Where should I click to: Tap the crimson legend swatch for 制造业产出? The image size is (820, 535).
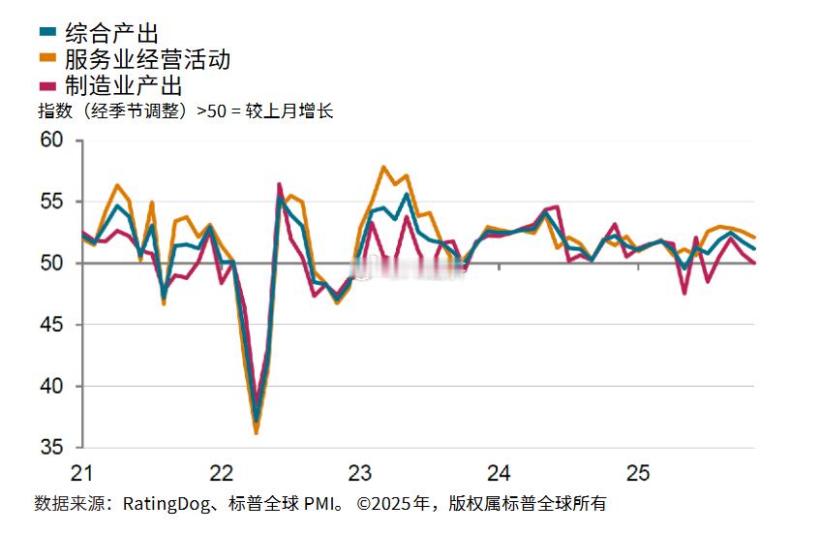49,85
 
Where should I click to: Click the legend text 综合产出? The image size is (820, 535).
111,36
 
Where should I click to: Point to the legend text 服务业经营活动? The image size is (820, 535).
147,60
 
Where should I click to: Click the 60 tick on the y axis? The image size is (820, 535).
51,141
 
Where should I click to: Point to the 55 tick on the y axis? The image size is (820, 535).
51,202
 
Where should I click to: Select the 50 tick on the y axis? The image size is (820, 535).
51,263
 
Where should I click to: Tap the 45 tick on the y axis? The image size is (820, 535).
51,325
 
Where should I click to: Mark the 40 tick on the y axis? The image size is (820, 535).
51,387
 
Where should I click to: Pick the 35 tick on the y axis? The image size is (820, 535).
51,448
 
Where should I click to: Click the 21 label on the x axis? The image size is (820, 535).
81,474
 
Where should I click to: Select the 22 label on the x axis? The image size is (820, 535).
221,474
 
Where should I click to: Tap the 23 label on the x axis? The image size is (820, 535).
360,474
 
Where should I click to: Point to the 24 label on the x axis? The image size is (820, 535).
499,474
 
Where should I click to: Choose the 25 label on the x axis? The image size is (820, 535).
637,474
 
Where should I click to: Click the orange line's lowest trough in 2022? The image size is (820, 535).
257,432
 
